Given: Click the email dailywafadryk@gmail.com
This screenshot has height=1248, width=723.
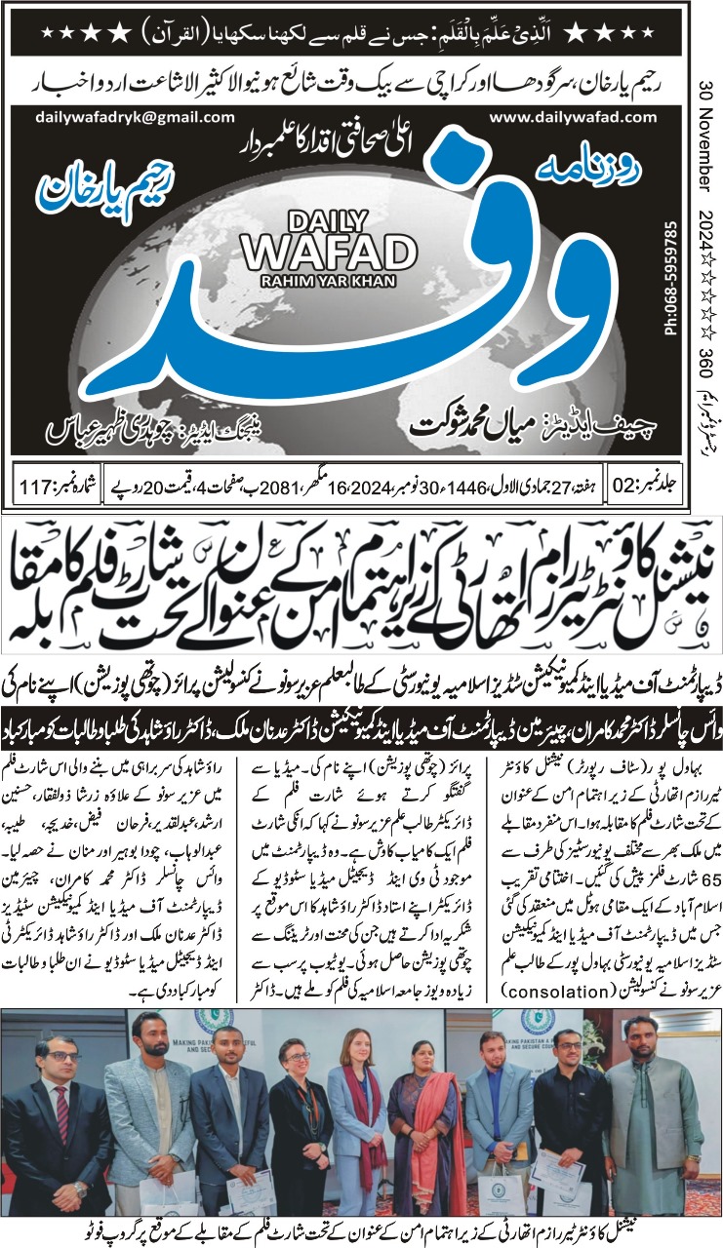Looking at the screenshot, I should point(121,117).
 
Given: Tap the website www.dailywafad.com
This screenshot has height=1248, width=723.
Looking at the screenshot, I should point(574,117).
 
